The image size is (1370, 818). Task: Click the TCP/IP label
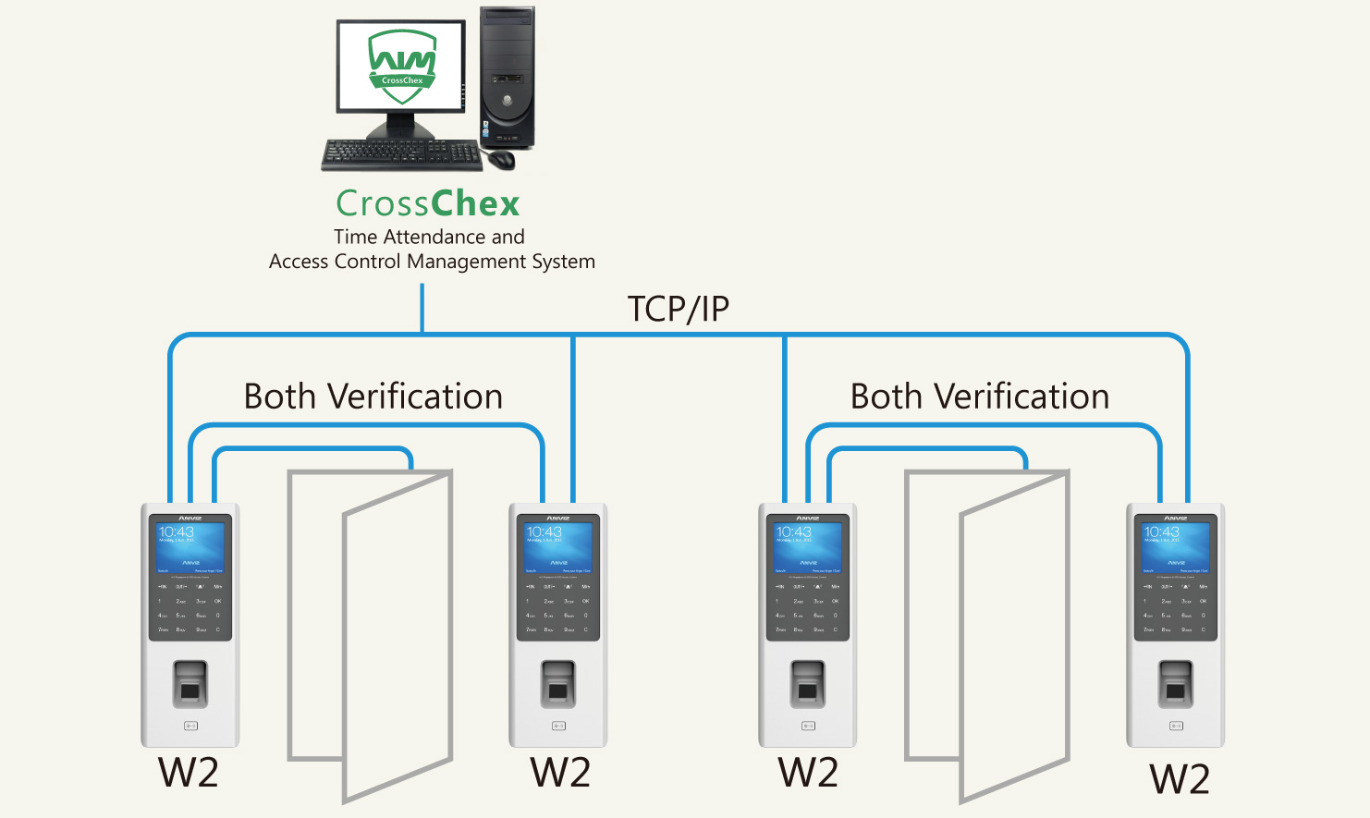(678, 309)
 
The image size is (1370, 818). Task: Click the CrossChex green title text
(427, 203)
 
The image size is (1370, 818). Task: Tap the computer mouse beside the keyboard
(501, 159)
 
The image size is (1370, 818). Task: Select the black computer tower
(507, 79)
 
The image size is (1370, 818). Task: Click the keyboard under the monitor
(402, 154)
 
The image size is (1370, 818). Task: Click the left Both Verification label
(373, 397)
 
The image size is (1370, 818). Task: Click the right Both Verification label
(979, 397)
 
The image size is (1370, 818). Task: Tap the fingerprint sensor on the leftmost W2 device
(190, 684)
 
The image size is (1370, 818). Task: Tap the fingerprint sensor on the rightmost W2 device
(1176, 684)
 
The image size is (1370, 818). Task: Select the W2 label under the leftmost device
(189, 773)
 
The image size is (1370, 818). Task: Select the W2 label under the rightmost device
(1179, 779)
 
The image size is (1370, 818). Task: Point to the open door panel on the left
(398, 638)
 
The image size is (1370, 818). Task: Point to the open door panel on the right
(1014, 638)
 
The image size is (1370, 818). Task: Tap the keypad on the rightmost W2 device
(1176, 608)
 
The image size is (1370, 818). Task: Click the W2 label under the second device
(559, 773)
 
